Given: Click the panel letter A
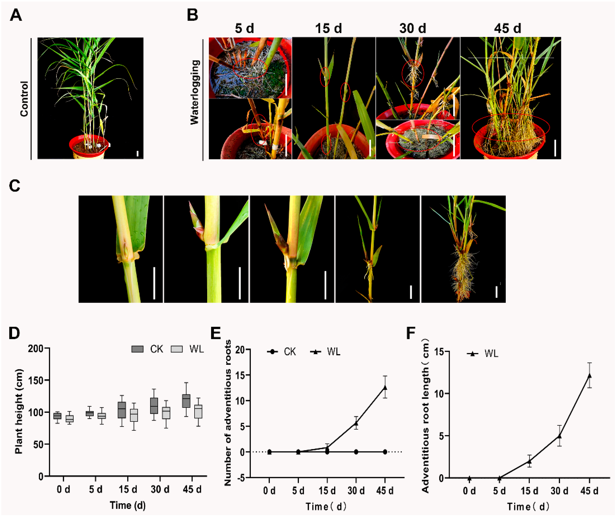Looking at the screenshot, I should click(x=16, y=15).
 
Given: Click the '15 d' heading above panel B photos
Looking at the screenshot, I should click(x=328, y=29).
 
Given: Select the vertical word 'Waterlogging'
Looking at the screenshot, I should click(x=195, y=92).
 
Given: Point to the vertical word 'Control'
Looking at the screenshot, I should click(x=24, y=99).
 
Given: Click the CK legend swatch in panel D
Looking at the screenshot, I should click(x=137, y=349).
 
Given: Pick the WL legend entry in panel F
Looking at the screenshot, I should click(x=483, y=353).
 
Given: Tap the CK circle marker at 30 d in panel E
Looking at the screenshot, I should click(x=356, y=452).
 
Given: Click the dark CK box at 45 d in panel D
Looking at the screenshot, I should click(x=186, y=401).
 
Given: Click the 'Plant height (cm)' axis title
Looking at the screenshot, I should click(x=19, y=411).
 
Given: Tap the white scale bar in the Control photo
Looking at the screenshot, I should click(x=137, y=154).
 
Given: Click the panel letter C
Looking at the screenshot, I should click(x=15, y=186).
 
